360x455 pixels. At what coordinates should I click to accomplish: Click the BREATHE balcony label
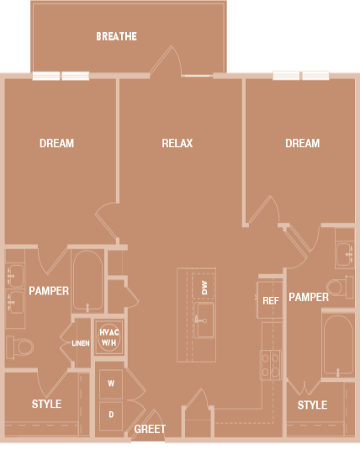(x=116, y=37)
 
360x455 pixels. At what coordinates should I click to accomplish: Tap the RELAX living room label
(x=177, y=144)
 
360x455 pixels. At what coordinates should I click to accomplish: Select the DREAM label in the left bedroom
(x=56, y=144)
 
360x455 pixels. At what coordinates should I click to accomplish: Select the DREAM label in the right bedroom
(x=302, y=144)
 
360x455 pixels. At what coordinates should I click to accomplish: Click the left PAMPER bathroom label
(x=49, y=291)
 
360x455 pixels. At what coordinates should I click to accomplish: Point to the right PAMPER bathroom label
(x=308, y=298)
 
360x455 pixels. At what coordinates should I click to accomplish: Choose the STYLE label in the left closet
(x=46, y=405)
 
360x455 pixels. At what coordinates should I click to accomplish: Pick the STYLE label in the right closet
(x=312, y=405)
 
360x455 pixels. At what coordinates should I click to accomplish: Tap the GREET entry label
(x=150, y=429)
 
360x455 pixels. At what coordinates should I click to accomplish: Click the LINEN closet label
(x=80, y=343)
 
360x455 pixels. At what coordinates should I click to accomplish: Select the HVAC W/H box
(x=109, y=338)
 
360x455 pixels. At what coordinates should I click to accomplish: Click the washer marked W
(x=111, y=384)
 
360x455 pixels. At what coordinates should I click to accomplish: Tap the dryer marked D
(x=111, y=414)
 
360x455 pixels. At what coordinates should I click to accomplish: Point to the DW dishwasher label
(x=204, y=287)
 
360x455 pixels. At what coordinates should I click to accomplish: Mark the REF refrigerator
(x=270, y=300)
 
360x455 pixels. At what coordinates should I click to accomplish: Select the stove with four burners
(x=271, y=363)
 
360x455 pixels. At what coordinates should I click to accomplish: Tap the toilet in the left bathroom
(x=20, y=346)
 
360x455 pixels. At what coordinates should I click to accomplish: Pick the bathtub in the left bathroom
(x=87, y=281)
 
